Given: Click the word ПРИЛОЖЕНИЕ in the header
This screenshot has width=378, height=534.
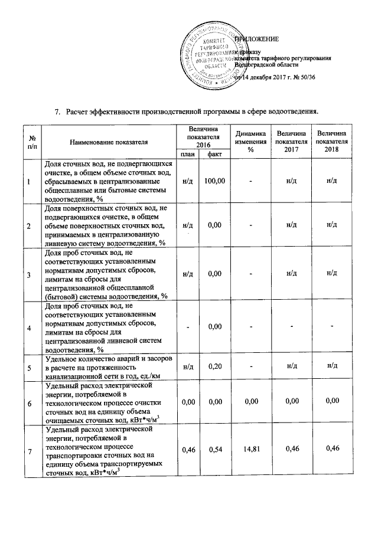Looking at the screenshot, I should click(258, 39).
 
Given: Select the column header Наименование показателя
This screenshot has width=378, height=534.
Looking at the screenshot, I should click(108, 142).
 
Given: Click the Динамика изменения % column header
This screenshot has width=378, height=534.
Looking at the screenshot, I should click(250, 142).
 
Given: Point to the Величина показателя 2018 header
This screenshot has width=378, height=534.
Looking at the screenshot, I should click(331, 142).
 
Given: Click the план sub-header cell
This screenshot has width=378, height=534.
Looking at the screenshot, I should click(188, 155).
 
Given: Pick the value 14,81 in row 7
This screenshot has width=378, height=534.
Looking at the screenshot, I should click(250, 451).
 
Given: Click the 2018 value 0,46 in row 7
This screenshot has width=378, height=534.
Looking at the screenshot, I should click(331, 451).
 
